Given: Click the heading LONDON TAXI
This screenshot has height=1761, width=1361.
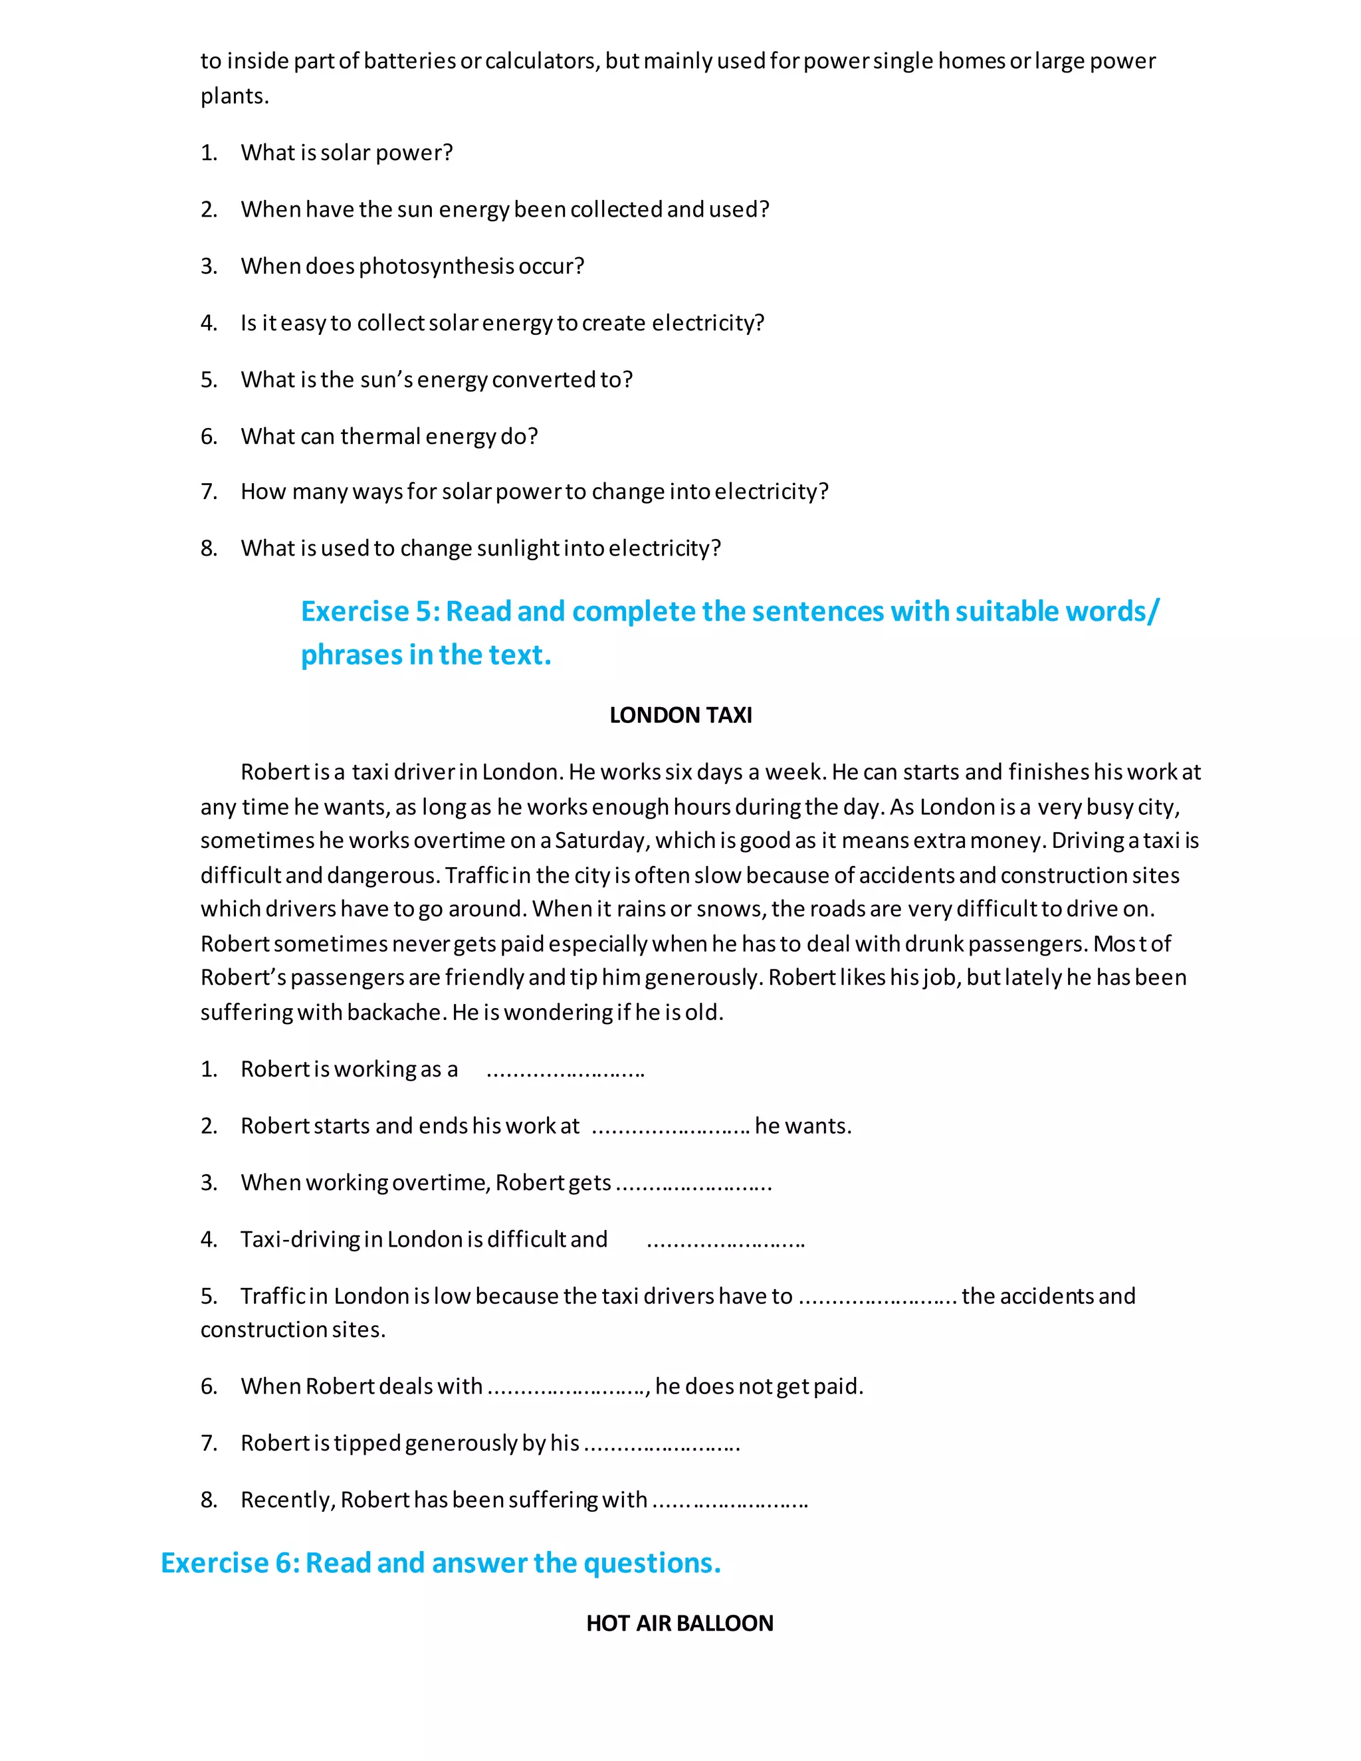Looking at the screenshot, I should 680,715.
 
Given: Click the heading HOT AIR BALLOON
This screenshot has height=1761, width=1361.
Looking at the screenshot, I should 679,1623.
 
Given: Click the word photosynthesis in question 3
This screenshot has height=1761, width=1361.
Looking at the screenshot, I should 436,266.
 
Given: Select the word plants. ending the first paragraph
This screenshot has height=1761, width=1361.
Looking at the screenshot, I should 235,97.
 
